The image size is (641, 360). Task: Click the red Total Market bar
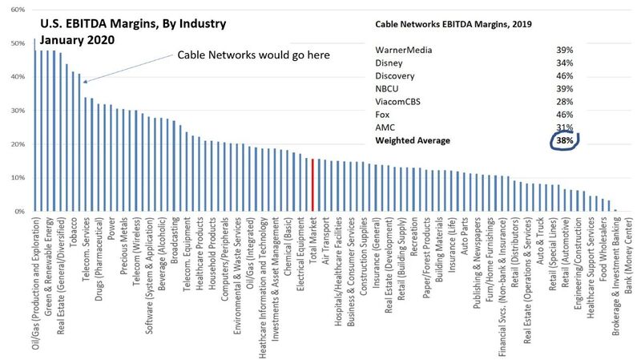pos(312,185)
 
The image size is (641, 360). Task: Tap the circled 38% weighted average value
pos(565,140)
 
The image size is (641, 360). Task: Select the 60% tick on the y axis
pos(18,10)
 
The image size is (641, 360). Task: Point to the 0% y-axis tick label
pos(20,212)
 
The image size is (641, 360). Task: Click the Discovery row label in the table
pos(394,76)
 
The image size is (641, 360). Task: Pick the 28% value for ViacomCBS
pos(565,102)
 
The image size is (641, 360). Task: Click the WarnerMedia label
pos(404,50)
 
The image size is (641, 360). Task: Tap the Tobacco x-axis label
pos(74,232)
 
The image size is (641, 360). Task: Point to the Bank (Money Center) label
pos(628,255)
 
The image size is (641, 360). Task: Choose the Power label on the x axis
pos(111,229)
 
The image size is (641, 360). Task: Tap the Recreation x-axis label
pos(414,237)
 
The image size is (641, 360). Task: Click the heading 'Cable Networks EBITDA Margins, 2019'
pos(454,24)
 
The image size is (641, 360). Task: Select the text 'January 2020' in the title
pos(77,40)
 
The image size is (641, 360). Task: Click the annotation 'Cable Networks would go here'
pos(253,55)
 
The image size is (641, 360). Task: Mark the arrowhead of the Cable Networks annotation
pos(85,82)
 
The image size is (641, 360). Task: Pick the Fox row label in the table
pos(382,115)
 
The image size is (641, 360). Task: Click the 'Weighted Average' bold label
pos(413,141)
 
